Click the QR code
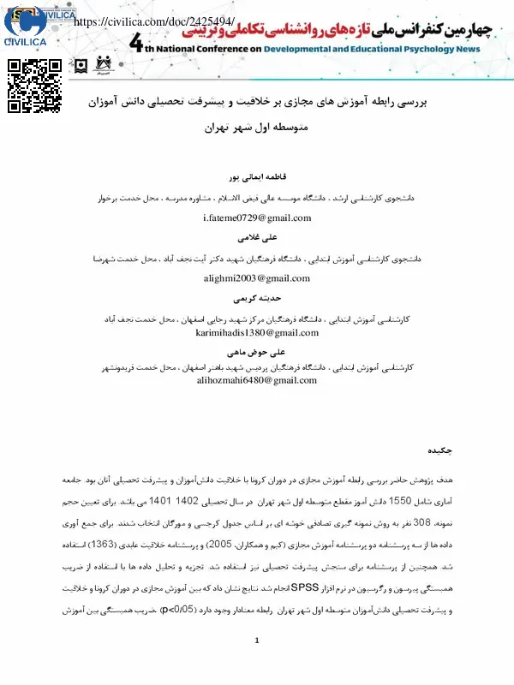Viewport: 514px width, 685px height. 35,86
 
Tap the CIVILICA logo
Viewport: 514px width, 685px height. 26,24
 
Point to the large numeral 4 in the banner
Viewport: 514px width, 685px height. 138,44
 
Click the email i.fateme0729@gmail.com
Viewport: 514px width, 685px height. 257,217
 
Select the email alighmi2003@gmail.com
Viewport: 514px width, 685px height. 257,278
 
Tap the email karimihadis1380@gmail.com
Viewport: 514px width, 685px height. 257,332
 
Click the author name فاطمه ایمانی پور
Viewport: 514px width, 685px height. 257,178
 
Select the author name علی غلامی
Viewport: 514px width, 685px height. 257,238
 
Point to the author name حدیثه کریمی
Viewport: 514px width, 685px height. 257,299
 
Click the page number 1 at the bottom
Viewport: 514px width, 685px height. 257,665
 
